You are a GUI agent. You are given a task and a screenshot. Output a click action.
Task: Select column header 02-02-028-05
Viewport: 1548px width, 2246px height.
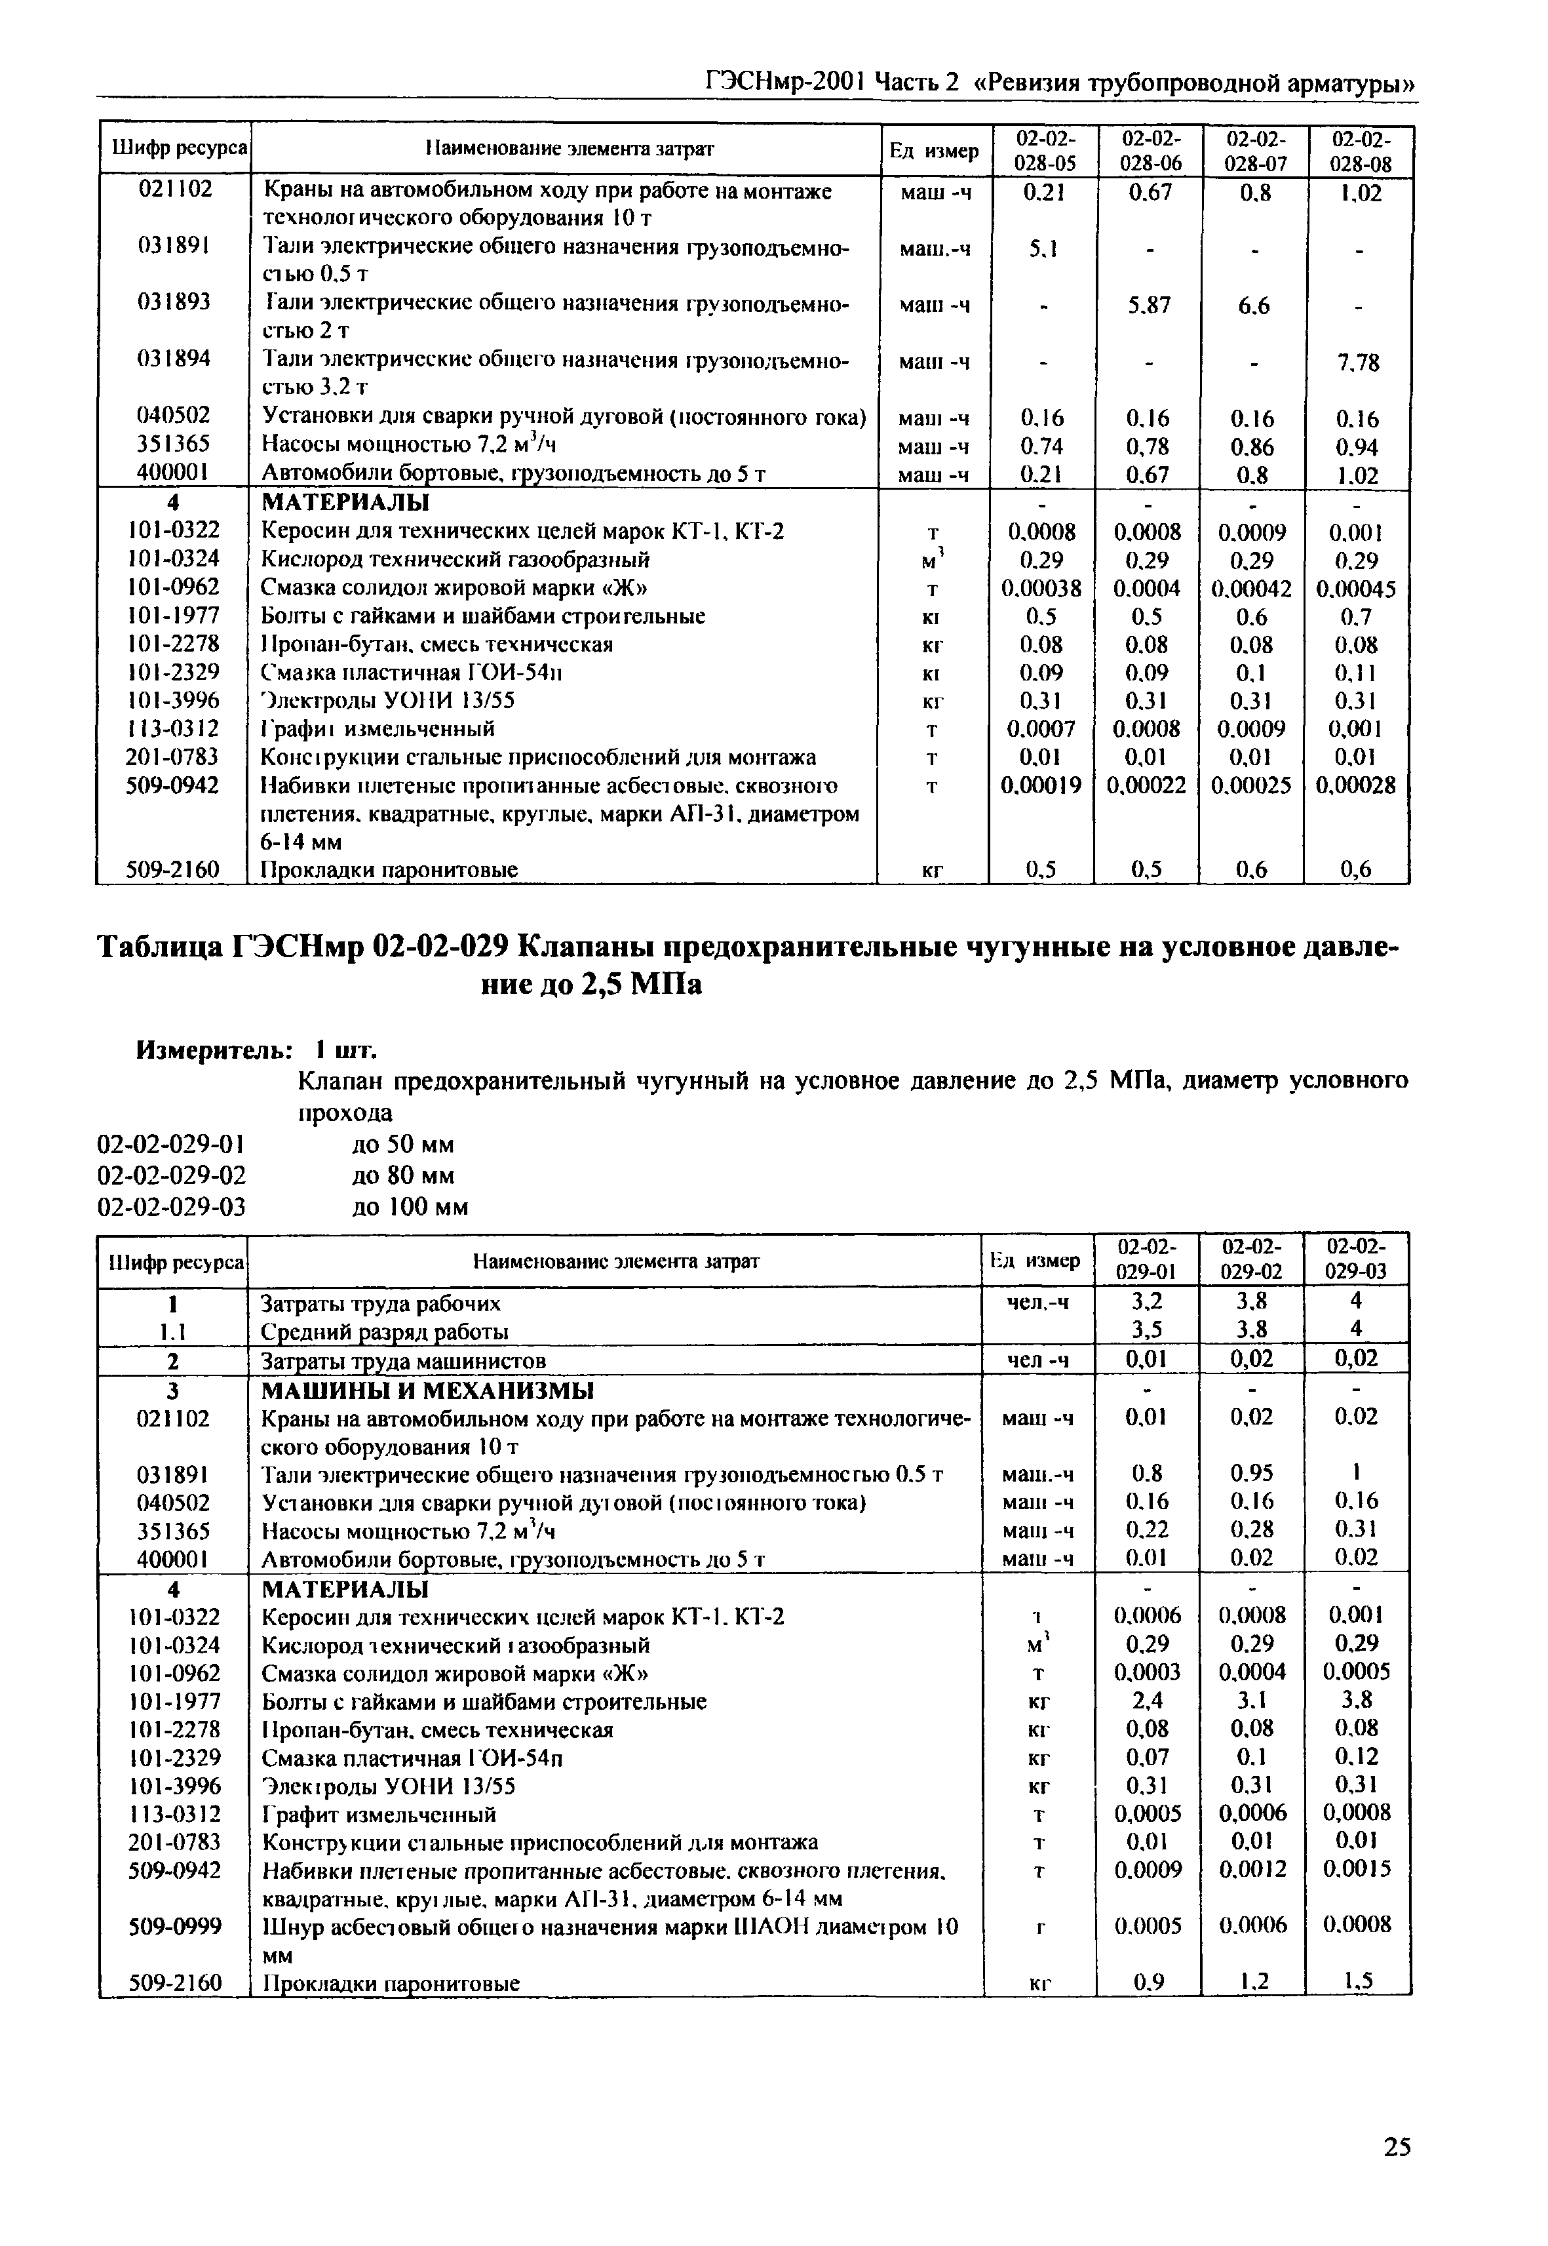pos(1043,150)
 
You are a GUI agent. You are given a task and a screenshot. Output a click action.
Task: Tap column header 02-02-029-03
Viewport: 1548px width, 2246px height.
pos(1356,1259)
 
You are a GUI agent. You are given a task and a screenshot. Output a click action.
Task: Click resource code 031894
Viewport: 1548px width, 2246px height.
pos(174,359)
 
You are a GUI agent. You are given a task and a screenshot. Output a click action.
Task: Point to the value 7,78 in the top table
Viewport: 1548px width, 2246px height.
pos(1357,363)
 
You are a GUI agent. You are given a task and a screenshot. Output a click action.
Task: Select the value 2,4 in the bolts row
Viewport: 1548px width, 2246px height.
pos(1148,1701)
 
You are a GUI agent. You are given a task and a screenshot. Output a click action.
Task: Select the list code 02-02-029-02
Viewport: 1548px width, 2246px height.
pos(172,1176)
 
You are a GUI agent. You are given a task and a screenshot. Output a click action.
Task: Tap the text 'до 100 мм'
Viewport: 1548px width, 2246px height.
pos(410,1207)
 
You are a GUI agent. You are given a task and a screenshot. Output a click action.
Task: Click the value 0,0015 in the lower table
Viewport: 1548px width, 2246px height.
pos(1357,1868)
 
